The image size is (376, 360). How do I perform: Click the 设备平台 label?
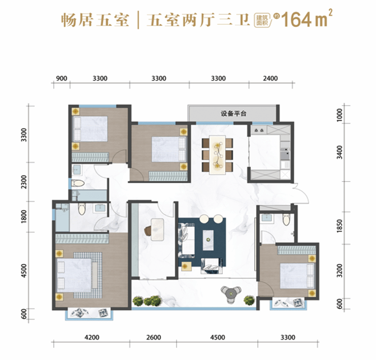(x=233, y=113)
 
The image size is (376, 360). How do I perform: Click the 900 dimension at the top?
(x=62, y=78)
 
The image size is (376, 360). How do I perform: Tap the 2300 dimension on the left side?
(x=23, y=182)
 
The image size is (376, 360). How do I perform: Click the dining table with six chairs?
(x=217, y=153)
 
